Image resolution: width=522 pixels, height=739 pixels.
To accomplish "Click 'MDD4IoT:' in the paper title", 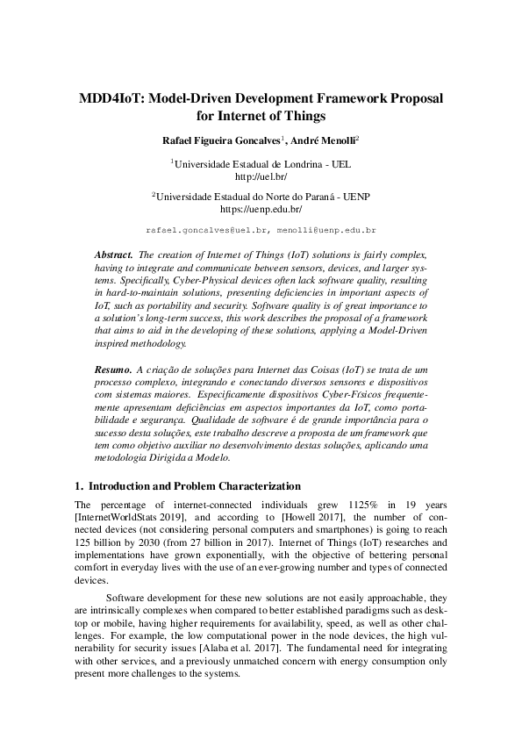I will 110,97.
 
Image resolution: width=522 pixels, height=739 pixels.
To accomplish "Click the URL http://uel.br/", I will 261,176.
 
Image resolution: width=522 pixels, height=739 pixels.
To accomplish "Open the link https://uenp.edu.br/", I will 261,210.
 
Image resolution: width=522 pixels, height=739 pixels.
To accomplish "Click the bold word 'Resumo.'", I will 113,371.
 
